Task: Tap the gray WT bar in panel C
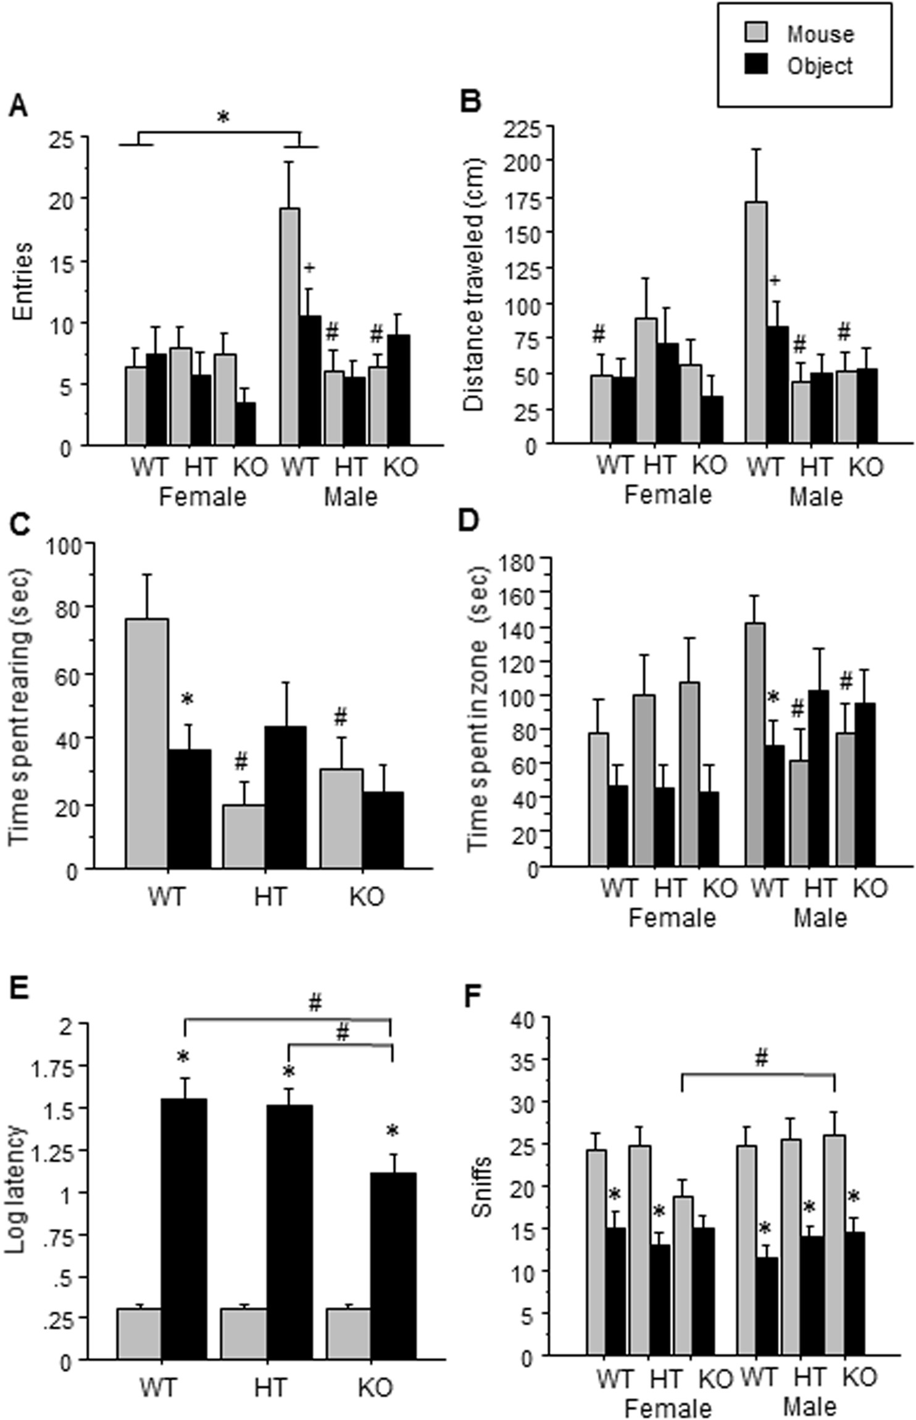(x=147, y=743)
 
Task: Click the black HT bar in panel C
(x=285, y=797)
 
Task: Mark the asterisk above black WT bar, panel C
(x=188, y=700)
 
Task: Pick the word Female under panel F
(x=668, y=1404)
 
